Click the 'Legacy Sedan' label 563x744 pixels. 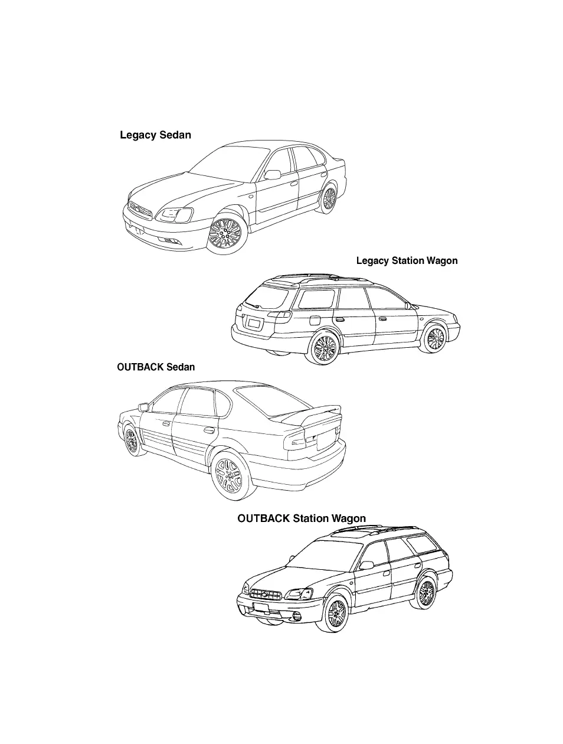(155, 135)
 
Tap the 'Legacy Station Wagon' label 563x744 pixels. (407, 260)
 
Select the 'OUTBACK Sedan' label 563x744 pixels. (156, 367)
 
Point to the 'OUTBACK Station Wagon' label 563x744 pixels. (302, 518)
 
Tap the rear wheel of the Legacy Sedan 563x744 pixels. (328, 198)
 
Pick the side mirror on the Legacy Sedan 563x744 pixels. (273, 174)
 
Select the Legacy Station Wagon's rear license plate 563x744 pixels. (254, 323)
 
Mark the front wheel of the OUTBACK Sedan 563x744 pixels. (131, 440)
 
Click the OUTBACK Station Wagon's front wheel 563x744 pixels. (335, 614)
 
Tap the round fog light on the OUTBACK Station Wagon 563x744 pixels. (296, 617)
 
